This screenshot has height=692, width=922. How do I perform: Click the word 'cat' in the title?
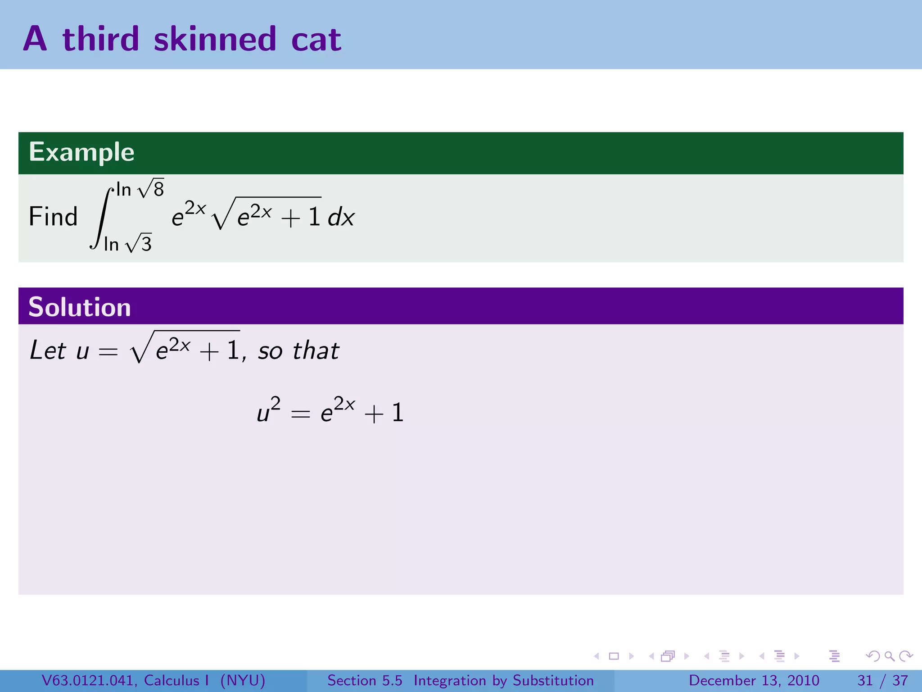coord(316,40)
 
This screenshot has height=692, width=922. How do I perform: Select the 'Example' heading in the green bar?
coord(81,152)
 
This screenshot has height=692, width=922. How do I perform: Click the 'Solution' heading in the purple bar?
coord(80,307)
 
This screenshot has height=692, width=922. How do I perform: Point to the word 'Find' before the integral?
coord(53,217)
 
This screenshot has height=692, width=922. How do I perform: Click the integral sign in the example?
coord(102,217)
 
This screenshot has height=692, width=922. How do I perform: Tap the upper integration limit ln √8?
coord(140,189)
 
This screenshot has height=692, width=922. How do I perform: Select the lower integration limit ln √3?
coord(128,244)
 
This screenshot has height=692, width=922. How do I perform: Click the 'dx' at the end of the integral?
coord(341,218)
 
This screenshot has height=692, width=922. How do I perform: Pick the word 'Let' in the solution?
coord(48,351)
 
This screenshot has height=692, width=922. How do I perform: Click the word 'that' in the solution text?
coord(316,351)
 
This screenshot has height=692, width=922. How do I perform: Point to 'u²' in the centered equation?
coord(268,410)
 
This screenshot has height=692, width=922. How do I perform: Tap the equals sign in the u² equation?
coord(300,414)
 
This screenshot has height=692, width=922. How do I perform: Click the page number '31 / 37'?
coord(882,680)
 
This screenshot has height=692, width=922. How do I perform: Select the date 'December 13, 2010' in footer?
coord(754,680)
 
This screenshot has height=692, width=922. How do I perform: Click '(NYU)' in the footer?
coord(243,680)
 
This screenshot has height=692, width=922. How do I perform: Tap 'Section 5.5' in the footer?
coord(365,680)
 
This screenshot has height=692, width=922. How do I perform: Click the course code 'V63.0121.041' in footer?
coord(89,680)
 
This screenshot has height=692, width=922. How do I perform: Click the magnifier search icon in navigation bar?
coord(889,656)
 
